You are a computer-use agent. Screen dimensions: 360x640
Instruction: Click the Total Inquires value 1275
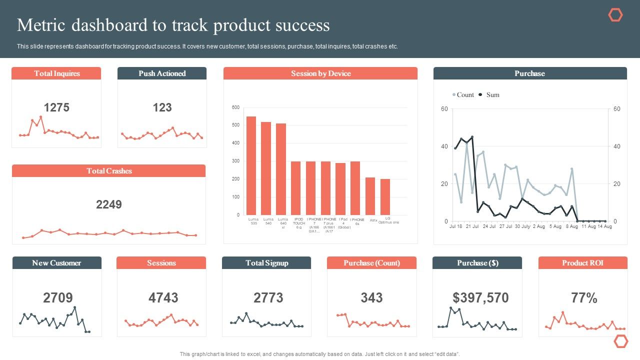click(x=56, y=107)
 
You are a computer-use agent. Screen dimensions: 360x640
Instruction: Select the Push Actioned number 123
click(x=162, y=107)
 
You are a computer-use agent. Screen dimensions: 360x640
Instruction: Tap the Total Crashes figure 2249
click(x=109, y=204)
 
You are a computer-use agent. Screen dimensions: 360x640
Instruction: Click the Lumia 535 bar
click(x=251, y=165)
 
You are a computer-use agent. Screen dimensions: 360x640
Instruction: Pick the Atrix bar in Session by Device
click(x=370, y=196)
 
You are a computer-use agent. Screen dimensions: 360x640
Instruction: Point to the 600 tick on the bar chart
click(x=236, y=107)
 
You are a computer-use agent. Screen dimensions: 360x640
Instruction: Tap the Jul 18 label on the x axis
click(x=455, y=226)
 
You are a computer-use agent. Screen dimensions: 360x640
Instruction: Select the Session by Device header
click(x=320, y=73)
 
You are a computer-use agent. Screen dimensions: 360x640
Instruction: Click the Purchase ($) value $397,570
click(x=480, y=298)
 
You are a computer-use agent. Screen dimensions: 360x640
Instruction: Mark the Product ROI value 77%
click(x=584, y=298)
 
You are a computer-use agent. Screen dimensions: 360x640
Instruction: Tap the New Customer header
click(x=56, y=263)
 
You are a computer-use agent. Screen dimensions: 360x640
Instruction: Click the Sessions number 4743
click(x=163, y=298)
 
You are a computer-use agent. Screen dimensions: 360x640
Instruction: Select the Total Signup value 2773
click(x=268, y=298)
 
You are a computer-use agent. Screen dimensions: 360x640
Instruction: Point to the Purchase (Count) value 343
click(x=371, y=298)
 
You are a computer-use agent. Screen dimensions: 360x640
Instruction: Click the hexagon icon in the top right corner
click(x=615, y=15)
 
